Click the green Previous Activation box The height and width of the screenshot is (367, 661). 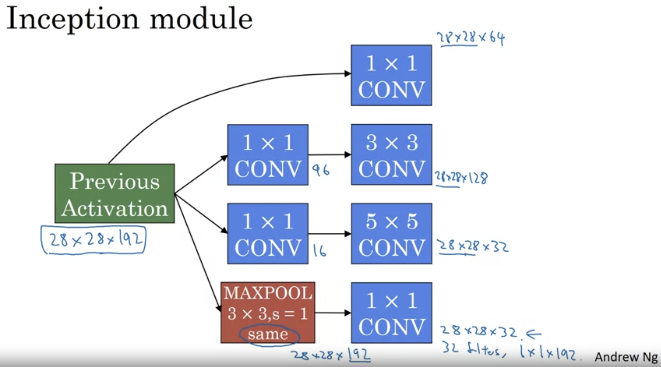point(115,193)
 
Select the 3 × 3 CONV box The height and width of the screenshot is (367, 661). point(392,155)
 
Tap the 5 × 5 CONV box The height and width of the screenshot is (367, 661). point(392,234)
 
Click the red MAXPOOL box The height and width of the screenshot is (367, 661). point(268,312)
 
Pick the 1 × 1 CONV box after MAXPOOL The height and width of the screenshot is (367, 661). point(392,313)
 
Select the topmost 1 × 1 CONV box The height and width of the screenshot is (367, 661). point(391,76)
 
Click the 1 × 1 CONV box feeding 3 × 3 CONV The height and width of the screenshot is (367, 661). point(268,155)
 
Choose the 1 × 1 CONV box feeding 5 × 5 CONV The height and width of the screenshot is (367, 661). point(268,234)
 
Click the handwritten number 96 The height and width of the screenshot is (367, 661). point(320,170)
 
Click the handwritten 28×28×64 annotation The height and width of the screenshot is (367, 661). point(471,39)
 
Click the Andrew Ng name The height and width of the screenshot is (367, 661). point(626,357)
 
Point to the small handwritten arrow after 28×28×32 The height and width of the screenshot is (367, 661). point(533,334)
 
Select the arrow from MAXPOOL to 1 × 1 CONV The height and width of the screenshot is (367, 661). point(333,313)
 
